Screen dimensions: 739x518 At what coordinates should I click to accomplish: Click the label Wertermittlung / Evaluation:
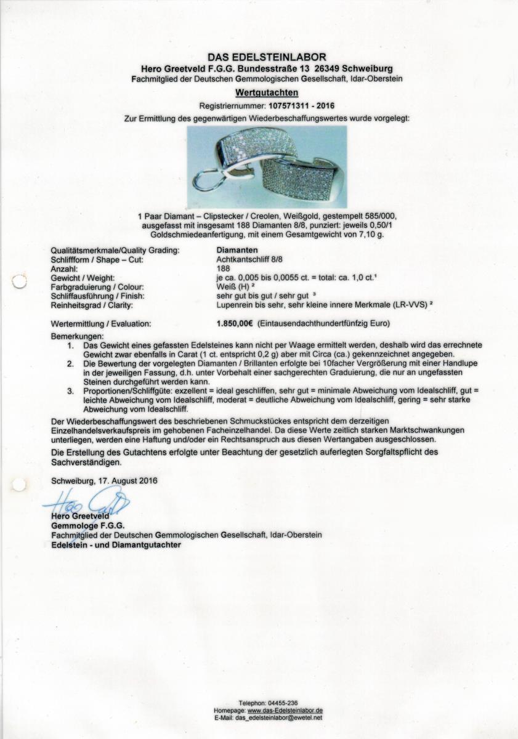point(100,323)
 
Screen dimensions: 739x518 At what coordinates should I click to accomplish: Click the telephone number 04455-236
point(283,703)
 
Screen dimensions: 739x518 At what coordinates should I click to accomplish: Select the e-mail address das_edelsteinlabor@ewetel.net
point(279,718)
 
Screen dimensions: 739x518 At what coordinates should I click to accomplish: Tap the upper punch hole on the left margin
point(19,282)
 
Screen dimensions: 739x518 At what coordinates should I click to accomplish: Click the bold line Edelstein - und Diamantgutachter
point(116,545)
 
